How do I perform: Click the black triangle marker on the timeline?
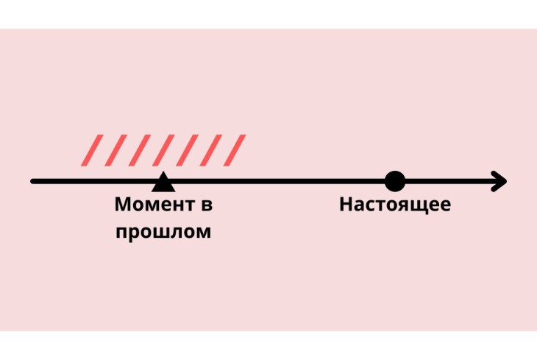(163, 183)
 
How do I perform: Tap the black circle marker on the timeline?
(395, 180)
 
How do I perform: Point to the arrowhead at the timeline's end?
(500, 181)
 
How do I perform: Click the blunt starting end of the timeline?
(33, 181)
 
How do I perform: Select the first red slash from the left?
(92, 149)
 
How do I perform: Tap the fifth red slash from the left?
(186, 149)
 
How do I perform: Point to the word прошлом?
(163, 233)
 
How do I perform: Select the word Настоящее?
(395, 205)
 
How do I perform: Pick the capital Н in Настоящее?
(346, 205)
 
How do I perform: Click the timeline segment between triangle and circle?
(280, 181)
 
